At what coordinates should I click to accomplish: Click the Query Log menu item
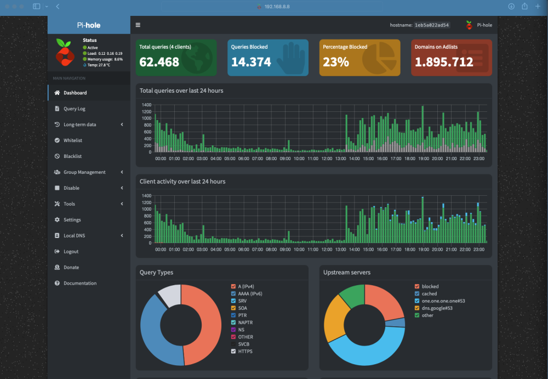pos(74,109)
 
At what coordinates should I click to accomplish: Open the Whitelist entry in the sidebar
pos(73,140)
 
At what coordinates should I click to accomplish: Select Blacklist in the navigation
pos(72,156)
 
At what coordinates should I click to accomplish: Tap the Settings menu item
pos(72,220)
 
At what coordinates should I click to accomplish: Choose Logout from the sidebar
pos(71,251)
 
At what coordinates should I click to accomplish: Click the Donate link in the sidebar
pos(71,267)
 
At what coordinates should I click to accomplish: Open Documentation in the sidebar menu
pos(80,283)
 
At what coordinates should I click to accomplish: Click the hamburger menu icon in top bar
pos(138,25)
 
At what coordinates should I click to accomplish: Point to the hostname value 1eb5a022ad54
pos(432,25)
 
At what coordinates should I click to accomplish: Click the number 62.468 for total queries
pos(159,62)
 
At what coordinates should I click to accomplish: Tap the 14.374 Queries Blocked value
pos(251,62)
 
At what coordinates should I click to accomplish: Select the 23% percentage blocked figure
pos(336,62)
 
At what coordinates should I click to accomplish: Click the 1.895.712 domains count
pos(444,62)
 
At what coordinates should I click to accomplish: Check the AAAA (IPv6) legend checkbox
pos(233,293)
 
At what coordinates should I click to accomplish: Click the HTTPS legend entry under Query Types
pos(246,352)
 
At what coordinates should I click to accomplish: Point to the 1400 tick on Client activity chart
pos(146,196)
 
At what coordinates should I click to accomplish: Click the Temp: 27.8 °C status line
pos(99,65)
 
